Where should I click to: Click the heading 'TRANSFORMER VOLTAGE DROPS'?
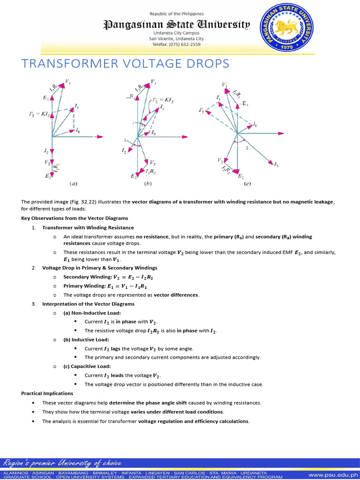(125, 64)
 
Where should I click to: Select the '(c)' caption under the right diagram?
(247, 184)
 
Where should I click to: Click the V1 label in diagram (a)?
(68, 82)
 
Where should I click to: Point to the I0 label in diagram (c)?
(255, 125)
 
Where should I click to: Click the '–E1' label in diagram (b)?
(129, 98)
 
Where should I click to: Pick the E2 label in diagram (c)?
(240, 177)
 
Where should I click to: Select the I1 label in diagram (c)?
(218, 97)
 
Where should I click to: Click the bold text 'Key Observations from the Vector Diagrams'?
(75, 218)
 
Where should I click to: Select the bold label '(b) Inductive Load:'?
(86, 339)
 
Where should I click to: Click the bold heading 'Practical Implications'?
(47, 393)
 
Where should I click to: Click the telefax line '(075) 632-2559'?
(182, 44)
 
